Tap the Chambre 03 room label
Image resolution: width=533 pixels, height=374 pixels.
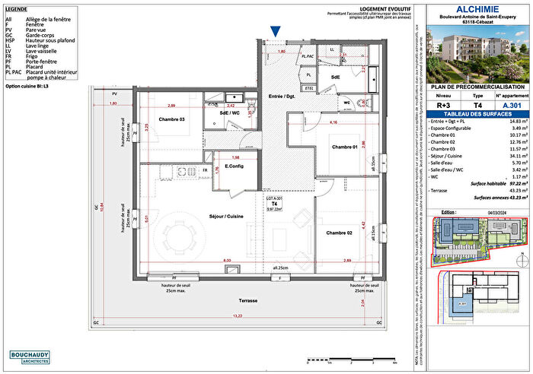click(x=171, y=119)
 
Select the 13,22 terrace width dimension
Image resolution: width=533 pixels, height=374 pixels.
click(x=238, y=316)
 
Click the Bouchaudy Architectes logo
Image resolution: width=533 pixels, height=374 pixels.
click(x=36, y=357)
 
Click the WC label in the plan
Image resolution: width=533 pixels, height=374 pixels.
click(x=346, y=102)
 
